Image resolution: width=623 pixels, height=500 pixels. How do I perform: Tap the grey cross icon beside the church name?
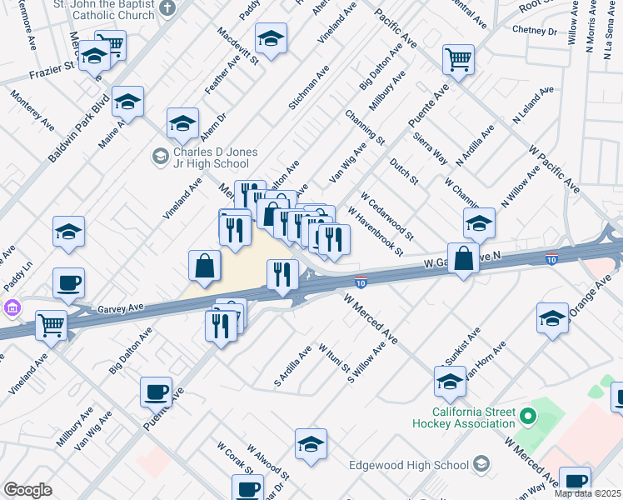[x=168, y=9]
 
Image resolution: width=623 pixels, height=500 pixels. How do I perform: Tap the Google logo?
[x=27, y=490]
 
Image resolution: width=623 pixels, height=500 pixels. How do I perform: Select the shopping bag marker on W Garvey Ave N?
[x=463, y=257]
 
